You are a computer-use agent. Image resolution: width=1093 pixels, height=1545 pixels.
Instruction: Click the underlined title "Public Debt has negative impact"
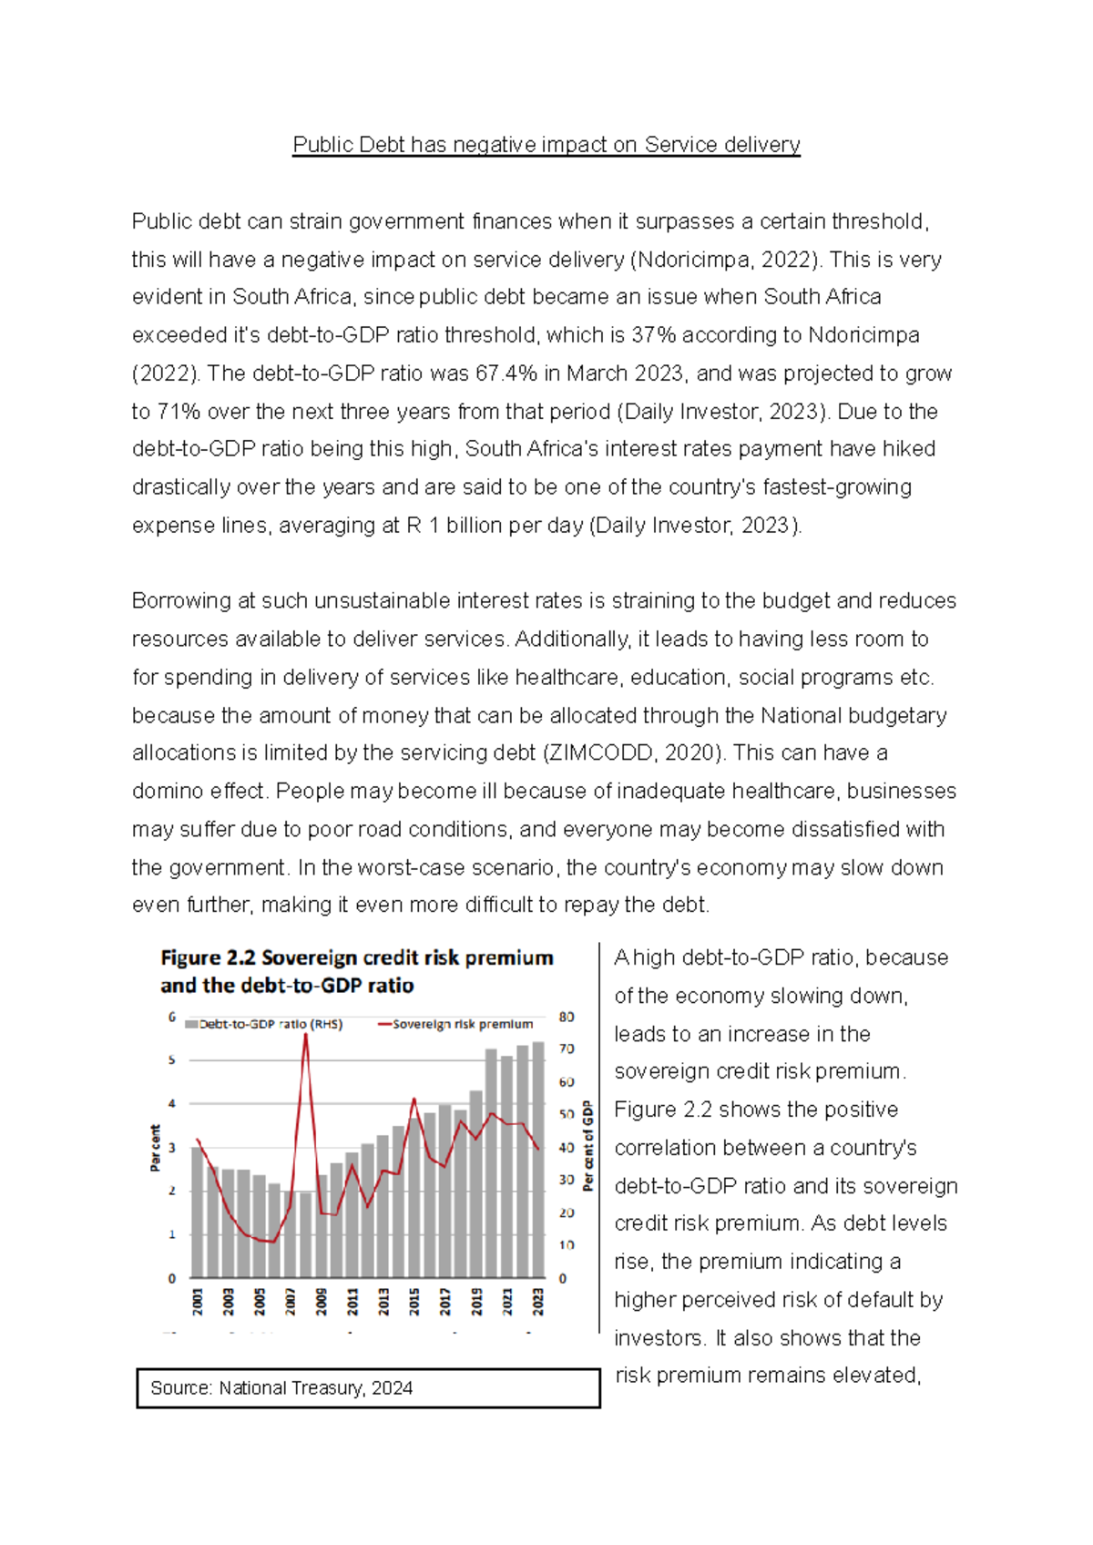pyautogui.click(x=546, y=145)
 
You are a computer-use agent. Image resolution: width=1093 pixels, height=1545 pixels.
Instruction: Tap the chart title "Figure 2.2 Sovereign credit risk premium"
pyautogui.click(x=356, y=958)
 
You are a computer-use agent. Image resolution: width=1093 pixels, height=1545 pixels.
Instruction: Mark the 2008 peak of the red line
pyautogui.click(x=306, y=1037)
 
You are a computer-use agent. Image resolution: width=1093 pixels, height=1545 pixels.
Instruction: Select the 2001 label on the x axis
pyautogui.click(x=198, y=1300)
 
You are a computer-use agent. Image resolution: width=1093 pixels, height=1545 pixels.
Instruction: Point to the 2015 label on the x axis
pyautogui.click(x=414, y=1300)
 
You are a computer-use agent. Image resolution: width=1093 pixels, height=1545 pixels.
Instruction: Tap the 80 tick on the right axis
pyautogui.click(x=567, y=1017)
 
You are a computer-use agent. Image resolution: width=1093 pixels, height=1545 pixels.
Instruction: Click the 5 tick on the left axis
pyautogui.click(x=171, y=1060)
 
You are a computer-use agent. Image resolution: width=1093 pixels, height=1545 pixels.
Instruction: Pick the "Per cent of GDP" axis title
pyautogui.click(x=588, y=1145)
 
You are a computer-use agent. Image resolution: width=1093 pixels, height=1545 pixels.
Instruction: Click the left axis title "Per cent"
pyautogui.click(x=155, y=1148)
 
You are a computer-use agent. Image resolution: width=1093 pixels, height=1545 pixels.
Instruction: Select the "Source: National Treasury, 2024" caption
pyautogui.click(x=281, y=1388)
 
